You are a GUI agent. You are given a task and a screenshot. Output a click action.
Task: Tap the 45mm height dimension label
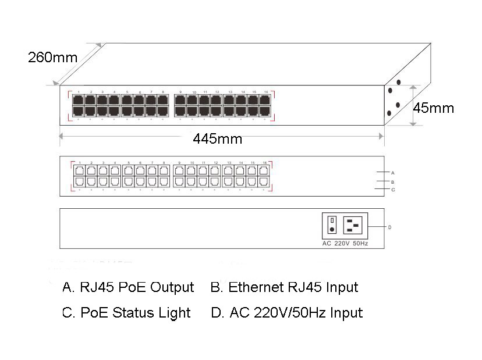pyautogui.click(x=434, y=108)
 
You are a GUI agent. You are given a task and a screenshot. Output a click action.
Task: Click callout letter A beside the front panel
pyautogui.click(x=393, y=172)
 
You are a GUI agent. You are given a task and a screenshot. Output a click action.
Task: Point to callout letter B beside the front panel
pyautogui.click(x=393, y=181)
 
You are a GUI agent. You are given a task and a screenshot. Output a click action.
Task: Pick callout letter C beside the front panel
pyautogui.click(x=393, y=190)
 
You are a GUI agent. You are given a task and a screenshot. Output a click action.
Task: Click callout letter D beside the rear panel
pyautogui.click(x=389, y=227)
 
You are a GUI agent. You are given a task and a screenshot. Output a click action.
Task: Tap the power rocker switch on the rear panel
pyautogui.click(x=331, y=224)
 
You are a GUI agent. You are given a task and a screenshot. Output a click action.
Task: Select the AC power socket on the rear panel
pyautogui.click(x=353, y=224)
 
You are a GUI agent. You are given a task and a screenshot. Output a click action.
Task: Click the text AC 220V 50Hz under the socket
pyautogui.click(x=345, y=243)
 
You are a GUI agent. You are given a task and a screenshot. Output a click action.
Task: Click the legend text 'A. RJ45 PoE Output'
pyautogui.click(x=127, y=287)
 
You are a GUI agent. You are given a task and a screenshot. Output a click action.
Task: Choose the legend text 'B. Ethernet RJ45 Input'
pyautogui.click(x=284, y=287)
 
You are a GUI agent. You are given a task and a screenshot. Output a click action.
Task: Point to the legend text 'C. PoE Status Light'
pyautogui.click(x=126, y=312)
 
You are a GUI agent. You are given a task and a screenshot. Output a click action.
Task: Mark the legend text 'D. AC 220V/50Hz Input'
pyautogui.click(x=286, y=312)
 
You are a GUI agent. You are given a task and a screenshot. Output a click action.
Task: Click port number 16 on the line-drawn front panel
pyautogui.click(x=265, y=163)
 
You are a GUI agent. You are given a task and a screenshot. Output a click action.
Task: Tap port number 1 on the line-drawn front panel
pyautogui.click(x=79, y=163)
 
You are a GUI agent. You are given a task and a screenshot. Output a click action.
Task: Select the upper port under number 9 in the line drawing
pyautogui.click(x=180, y=171)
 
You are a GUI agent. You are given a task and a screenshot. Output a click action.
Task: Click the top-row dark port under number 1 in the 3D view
pyautogui.click(x=78, y=99)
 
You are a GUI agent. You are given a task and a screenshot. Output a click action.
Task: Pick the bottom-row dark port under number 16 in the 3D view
pyautogui.click(x=265, y=110)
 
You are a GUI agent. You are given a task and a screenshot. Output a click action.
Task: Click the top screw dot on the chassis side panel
pyautogui.click(x=399, y=83)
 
